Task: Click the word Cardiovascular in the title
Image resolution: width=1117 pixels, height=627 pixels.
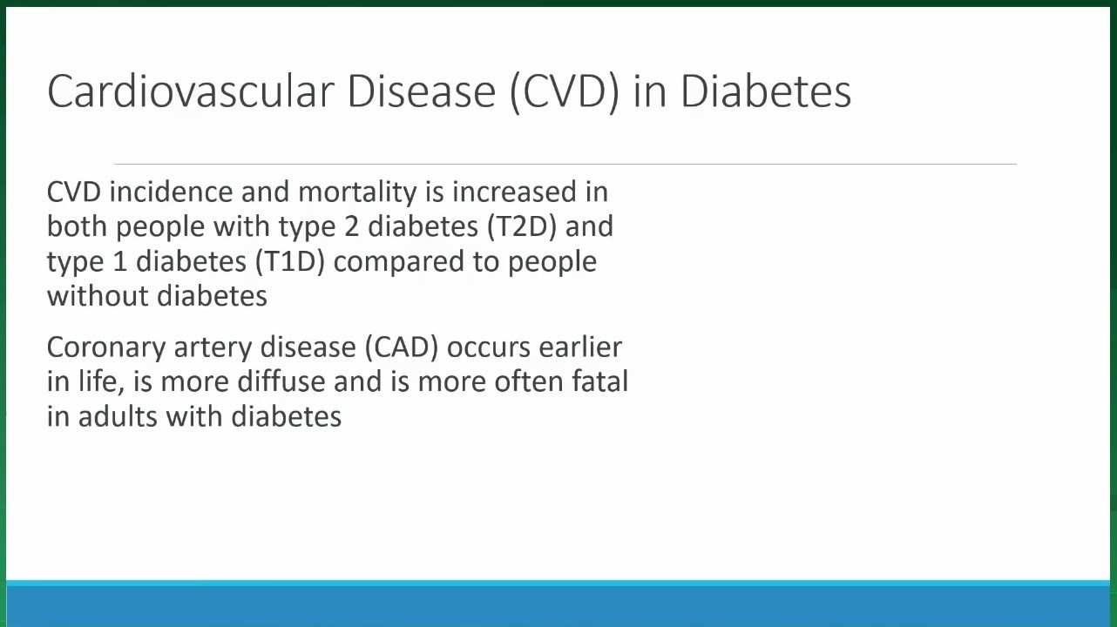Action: (191, 91)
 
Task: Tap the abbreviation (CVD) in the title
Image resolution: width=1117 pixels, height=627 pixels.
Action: (564, 92)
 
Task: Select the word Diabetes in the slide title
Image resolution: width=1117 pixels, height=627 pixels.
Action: (766, 91)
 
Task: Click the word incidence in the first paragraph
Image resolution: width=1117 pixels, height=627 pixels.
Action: (171, 192)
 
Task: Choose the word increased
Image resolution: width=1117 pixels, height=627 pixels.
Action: (514, 192)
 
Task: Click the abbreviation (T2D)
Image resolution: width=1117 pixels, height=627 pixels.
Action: (522, 226)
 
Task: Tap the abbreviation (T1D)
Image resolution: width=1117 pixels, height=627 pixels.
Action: (290, 261)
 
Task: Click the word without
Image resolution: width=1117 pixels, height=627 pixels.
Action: (98, 296)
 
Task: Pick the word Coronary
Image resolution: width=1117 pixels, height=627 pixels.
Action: (106, 348)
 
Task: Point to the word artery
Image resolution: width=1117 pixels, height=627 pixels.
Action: (213, 348)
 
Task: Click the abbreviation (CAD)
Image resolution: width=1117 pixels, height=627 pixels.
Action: (402, 347)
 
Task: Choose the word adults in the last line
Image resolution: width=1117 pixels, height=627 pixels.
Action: (118, 416)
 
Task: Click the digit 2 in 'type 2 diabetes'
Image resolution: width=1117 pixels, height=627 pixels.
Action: (351, 227)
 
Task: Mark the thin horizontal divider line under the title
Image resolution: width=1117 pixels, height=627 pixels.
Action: (565, 164)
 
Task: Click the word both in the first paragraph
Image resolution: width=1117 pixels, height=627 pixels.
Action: (78, 226)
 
